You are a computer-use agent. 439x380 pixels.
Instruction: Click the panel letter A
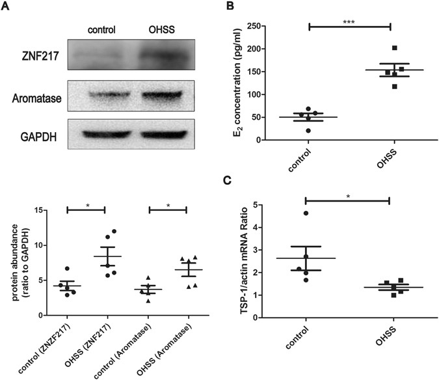7,7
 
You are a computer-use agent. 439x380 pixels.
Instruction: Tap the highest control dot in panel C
306,213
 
